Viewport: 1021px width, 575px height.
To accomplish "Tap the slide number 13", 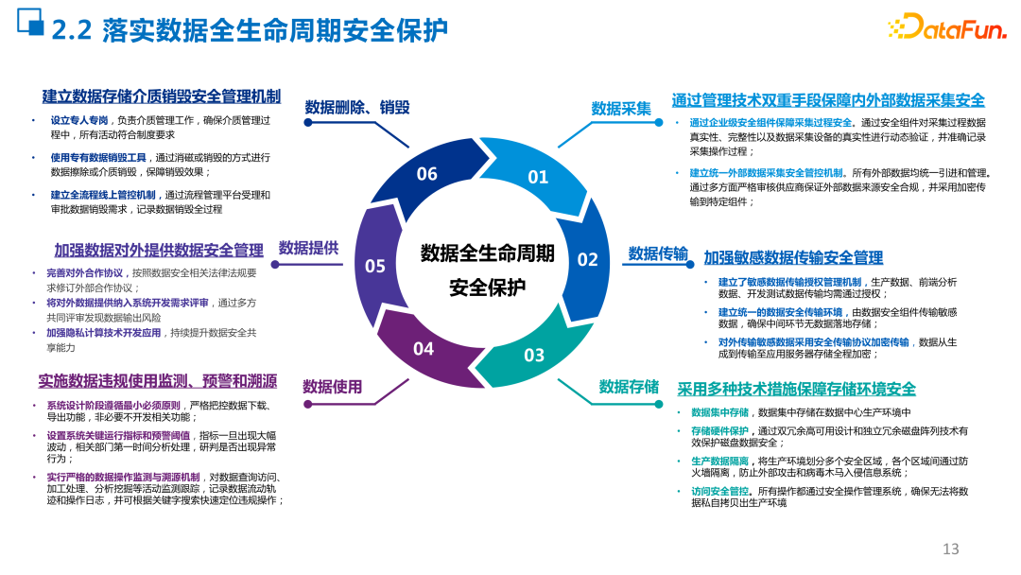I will [951, 549].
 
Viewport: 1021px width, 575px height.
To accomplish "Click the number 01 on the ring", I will [538, 177].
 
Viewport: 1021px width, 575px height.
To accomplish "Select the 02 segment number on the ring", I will [588, 259].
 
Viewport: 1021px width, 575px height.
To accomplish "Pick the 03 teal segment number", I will [534, 355].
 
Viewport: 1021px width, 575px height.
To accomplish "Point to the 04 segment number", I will [424, 349].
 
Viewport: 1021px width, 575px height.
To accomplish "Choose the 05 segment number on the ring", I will [375, 266].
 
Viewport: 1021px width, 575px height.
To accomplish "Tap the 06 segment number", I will [427, 174].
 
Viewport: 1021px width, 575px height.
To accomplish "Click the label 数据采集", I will [621, 109].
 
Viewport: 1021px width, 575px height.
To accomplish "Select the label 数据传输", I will [658, 253].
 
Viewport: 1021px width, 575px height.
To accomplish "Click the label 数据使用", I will [332, 387].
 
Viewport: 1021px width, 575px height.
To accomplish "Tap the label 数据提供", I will [308, 249].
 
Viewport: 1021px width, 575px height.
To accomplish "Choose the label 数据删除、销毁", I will [357, 107].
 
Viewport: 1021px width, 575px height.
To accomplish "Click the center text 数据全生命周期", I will [488, 253].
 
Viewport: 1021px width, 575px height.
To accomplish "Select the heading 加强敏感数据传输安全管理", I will [793, 258].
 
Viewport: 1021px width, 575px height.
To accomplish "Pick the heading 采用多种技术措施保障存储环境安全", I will [796, 390].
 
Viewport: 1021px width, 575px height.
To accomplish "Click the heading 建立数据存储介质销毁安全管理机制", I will [161, 96].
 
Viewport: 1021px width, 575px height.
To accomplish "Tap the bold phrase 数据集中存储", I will [719, 412].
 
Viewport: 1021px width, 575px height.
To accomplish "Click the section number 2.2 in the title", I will [71, 30].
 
